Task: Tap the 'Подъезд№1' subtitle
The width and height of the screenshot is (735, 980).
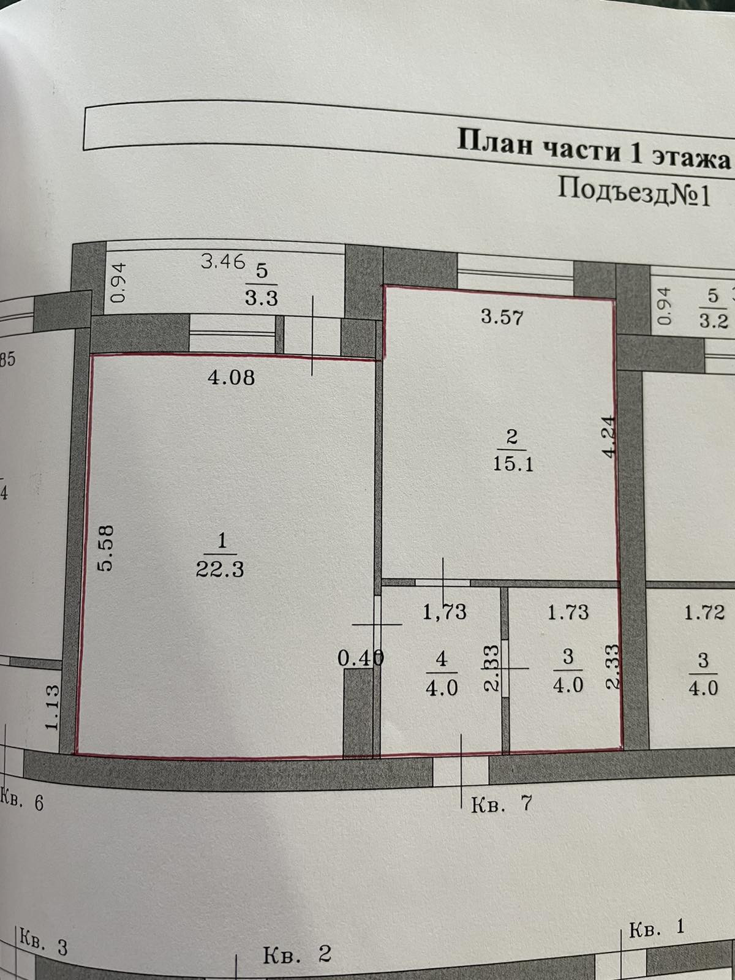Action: pos(634,192)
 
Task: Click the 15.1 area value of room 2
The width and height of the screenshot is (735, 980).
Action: pos(513,463)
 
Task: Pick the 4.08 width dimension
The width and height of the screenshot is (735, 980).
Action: pos(231,377)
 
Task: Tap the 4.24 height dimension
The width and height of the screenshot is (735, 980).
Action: pos(608,436)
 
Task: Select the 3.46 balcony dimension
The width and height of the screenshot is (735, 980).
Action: pos(223,262)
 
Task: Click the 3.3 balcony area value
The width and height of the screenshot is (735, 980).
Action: pos(262,298)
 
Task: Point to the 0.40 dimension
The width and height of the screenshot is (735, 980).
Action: pos(361,658)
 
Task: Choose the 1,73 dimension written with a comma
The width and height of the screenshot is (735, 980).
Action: pos(445,611)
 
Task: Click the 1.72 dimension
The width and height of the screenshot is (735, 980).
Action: pos(704,611)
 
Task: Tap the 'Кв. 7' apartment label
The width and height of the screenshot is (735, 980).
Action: pos(501,804)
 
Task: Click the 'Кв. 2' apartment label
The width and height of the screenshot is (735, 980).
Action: pos(297,954)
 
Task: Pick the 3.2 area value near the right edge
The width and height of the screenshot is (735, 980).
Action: pos(713,320)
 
